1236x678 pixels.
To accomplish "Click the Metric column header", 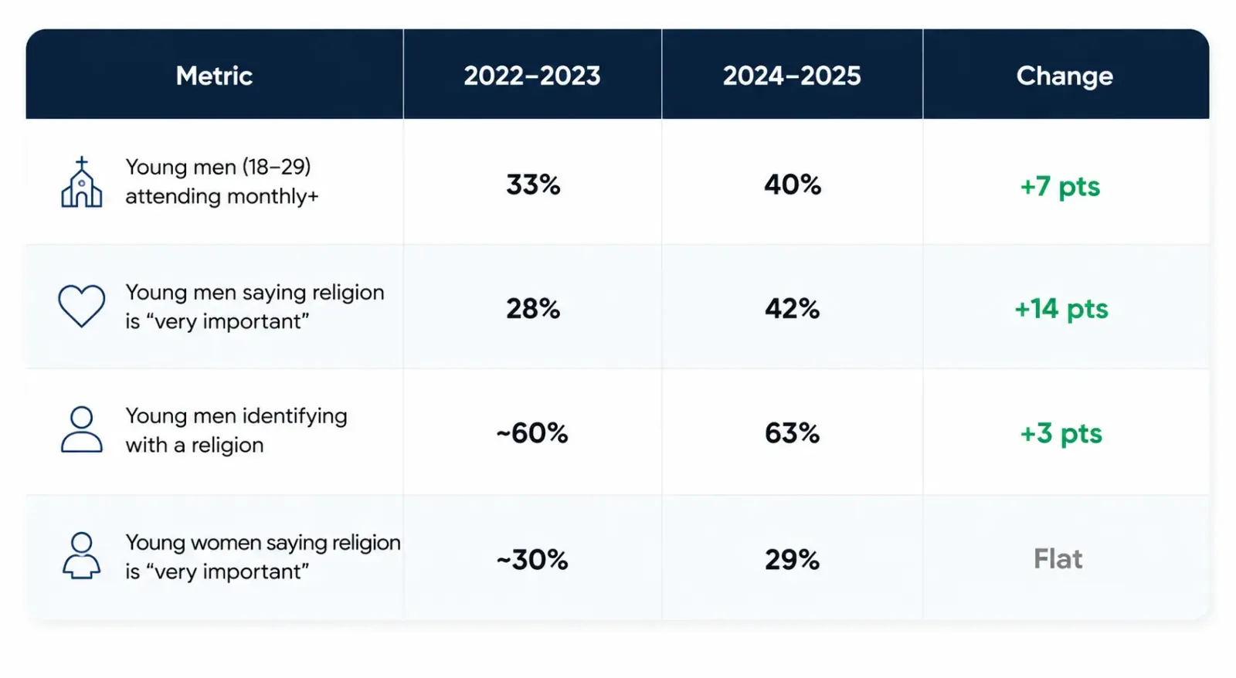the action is pyautogui.click(x=214, y=76).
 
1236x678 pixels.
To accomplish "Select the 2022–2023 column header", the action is pyautogui.click(x=532, y=76).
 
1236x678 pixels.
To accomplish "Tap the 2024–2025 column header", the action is pyautogui.click(x=792, y=76).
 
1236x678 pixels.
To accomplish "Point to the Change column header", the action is pyautogui.click(x=1065, y=76).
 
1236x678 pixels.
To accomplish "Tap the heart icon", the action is pyautogui.click(x=82, y=306).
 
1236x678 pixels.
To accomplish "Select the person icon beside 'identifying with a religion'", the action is pyautogui.click(x=82, y=430).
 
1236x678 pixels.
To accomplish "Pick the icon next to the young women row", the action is pyautogui.click(x=82, y=555).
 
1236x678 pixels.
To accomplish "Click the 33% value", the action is pyautogui.click(x=533, y=185).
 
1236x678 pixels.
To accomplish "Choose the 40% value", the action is pyautogui.click(x=793, y=185).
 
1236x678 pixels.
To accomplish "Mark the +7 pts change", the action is pyautogui.click(x=1060, y=187).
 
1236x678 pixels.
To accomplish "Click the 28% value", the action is pyautogui.click(x=533, y=308).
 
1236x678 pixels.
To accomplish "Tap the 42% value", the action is pyautogui.click(x=793, y=308).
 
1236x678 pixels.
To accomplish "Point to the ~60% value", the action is pyautogui.click(x=532, y=433).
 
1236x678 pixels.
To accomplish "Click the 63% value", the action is pyautogui.click(x=793, y=433).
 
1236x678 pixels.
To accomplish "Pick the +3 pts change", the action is pyautogui.click(x=1061, y=434).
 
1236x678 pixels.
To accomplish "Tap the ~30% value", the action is pyautogui.click(x=532, y=560).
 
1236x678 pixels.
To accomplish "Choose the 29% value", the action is pyautogui.click(x=793, y=560).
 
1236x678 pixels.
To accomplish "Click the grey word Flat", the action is pyautogui.click(x=1058, y=559).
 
